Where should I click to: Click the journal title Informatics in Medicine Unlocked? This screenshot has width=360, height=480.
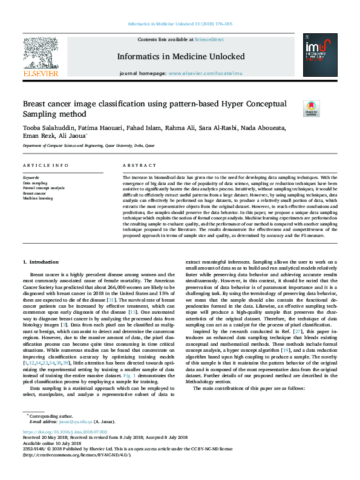click(180, 57)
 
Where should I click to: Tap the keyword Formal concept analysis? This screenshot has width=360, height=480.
click(44, 188)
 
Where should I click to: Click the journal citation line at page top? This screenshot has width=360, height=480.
click(180, 24)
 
